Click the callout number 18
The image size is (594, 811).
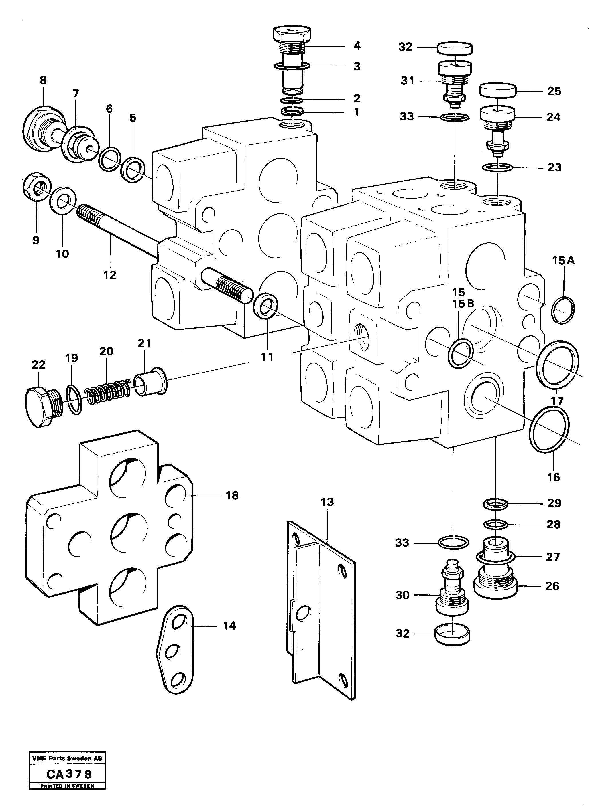click(232, 496)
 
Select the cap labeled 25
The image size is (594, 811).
click(498, 90)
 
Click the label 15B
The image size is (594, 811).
click(463, 304)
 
